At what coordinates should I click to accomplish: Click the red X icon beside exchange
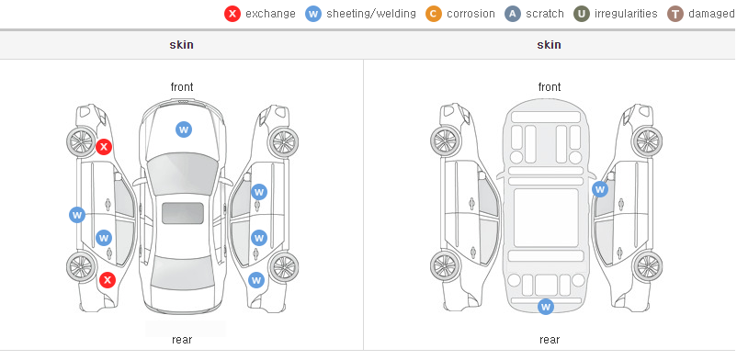click(x=232, y=14)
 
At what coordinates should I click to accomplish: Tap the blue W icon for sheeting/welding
click(x=313, y=14)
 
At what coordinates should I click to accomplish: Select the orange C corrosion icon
click(x=434, y=14)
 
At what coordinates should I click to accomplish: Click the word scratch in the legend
click(x=545, y=14)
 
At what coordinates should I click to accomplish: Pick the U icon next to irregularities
click(x=582, y=14)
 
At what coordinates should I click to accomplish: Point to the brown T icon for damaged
click(x=675, y=14)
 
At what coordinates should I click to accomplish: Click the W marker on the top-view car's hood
click(x=184, y=129)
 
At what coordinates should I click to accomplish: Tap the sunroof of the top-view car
click(x=183, y=213)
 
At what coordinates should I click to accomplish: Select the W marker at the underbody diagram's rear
click(x=546, y=307)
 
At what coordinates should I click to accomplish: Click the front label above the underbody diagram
click(x=550, y=87)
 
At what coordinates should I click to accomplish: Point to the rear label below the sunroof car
click(x=182, y=340)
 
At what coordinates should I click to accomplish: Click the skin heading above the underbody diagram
click(x=549, y=45)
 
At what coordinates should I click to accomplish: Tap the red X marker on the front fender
click(x=104, y=147)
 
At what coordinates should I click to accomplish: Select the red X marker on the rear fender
click(x=108, y=281)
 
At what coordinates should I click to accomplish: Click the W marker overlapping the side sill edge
click(x=77, y=215)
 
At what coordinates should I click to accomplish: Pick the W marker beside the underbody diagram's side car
click(x=600, y=189)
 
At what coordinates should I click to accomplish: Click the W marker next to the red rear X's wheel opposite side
click(x=256, y=281)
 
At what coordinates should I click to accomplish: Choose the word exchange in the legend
click(x=270, y=14)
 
